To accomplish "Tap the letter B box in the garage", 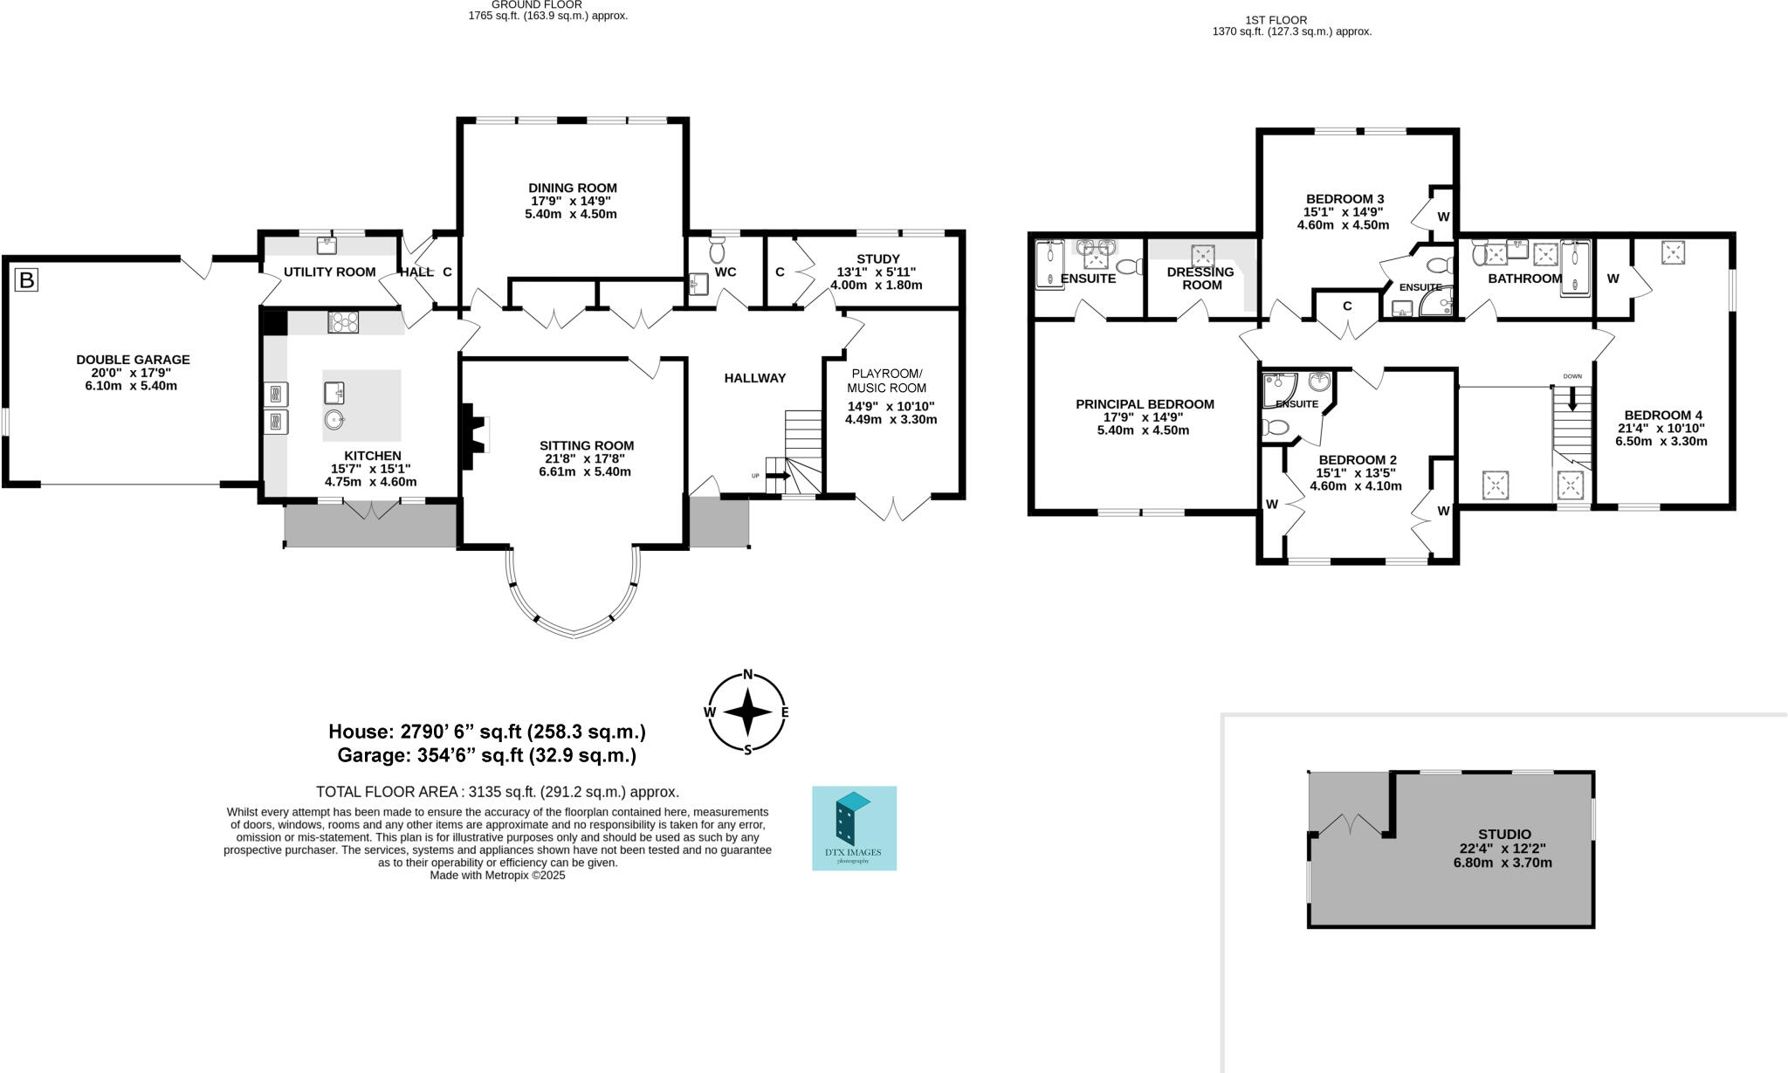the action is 27,280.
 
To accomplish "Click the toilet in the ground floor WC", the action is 718,252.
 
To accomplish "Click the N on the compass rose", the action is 747,674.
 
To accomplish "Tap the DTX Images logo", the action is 854,828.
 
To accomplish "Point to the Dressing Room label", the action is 1200,279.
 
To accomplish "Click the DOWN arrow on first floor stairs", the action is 1572,397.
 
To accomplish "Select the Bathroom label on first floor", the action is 1525,279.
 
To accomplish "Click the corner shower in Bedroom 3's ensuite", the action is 1436,301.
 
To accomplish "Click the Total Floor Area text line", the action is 498,792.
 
